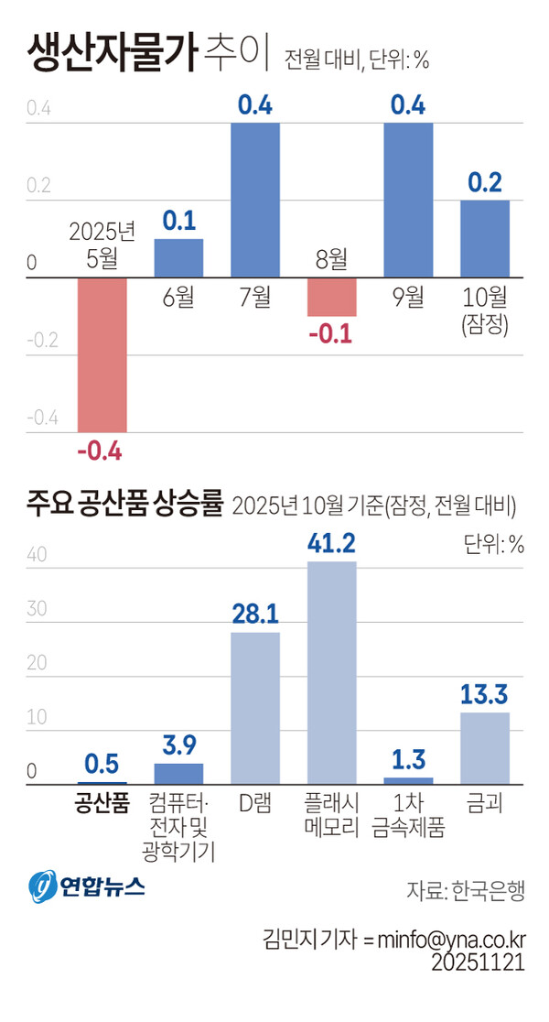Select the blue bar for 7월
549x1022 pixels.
(255, 200)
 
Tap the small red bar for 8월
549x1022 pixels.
(332, 296)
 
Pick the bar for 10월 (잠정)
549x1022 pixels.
(484, 238)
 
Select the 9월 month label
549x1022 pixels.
(408, 297)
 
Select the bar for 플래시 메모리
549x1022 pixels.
(331, 672)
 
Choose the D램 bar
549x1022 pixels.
(255, 708)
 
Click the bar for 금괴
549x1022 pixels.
(484, 747)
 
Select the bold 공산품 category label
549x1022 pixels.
(101, 804)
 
